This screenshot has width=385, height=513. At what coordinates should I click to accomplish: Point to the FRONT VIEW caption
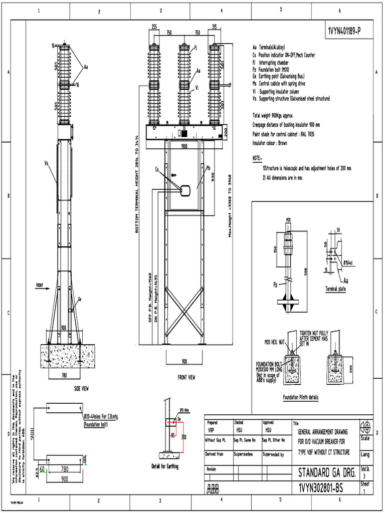click(x=186, y=377)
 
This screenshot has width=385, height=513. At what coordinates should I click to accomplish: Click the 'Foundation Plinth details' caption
click(x=300, y=397)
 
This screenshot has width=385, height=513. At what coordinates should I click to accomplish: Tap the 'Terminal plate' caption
click(x=335, y=290)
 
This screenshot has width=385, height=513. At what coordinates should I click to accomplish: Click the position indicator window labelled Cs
click(x=184, y=191)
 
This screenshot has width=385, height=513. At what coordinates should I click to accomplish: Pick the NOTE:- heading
click(x=257, y=158)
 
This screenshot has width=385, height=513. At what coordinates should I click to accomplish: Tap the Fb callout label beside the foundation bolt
click(x=275, y=285)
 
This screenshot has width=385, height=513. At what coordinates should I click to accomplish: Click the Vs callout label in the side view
click(x=46, y=163)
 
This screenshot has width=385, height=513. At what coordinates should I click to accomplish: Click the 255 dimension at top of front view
click(x=155, y=27)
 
